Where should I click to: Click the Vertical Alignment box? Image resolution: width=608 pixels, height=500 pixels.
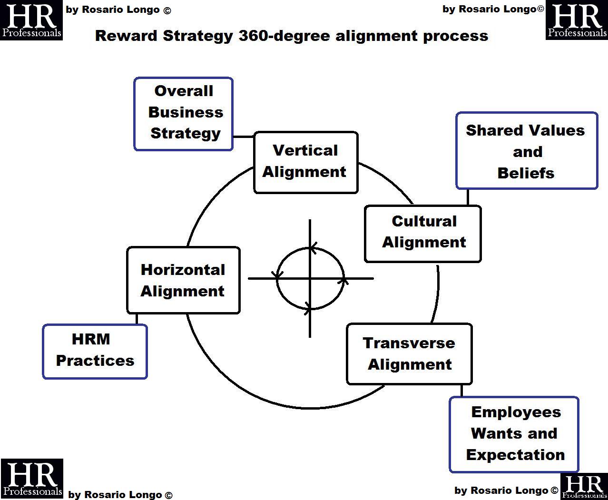[x=305, y=162]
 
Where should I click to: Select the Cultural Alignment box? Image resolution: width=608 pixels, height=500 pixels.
[x=423, y=234]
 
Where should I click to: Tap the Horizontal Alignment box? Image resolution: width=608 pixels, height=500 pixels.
[x=183, y=280]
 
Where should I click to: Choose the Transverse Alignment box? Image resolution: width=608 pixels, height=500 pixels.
[x=409, y=354]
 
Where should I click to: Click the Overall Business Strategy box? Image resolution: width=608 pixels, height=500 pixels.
[x=184, y=114]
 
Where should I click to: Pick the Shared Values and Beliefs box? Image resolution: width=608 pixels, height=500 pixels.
[x=526, y=151]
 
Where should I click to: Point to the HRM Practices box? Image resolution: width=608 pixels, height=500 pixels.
[x=95, y=352]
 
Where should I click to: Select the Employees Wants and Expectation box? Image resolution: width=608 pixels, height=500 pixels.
[x=514, y=434]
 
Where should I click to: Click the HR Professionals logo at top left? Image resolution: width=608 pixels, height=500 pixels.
[x=31, y=20]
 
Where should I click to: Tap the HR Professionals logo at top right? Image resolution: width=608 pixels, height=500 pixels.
[x=577, y=20]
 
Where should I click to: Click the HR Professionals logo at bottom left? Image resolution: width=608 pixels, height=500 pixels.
[x=32, y=479]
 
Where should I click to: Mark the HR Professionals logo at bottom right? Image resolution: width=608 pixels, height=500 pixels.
[x=584, y=487]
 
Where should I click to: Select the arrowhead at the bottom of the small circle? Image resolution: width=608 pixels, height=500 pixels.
[x=308, y=309]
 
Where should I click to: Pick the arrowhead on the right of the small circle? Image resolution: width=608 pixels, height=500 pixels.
[x=343, y=281]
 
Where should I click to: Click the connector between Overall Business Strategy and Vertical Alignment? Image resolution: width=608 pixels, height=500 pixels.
[x=244, y=137]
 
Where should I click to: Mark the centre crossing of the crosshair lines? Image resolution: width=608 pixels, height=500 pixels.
[x=310, y=278]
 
